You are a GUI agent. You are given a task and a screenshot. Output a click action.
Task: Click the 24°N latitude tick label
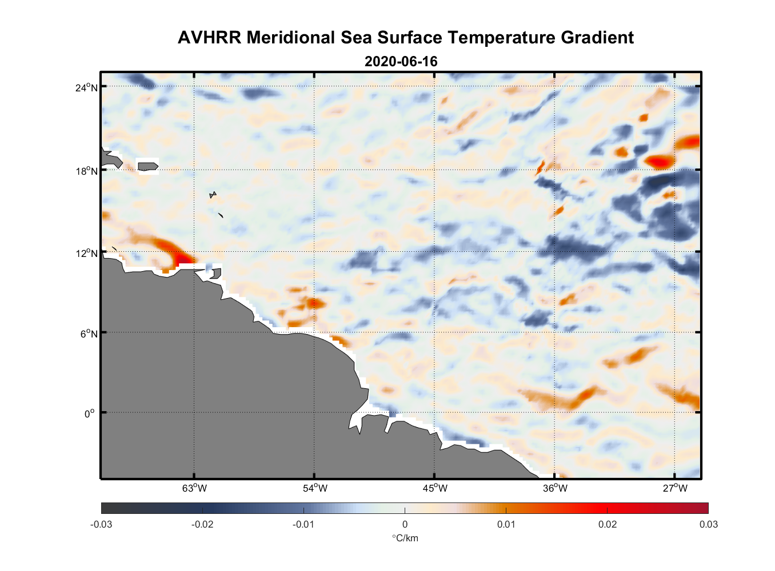click(x=86, y=87)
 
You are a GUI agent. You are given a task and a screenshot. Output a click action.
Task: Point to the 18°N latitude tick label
click(x=86, y=171)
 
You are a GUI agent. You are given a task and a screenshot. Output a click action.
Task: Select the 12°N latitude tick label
click(x=86, y=253)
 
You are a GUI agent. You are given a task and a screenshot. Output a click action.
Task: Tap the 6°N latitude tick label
click(x=89, y=333)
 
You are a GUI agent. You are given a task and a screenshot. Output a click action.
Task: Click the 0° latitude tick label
click(x=90, y=413)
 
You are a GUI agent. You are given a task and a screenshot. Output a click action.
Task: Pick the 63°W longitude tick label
click(x=194, y=488)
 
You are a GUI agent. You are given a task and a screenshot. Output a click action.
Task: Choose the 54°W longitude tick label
click(x=315, y=488)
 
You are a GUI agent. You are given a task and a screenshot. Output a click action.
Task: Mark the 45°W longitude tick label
click(x=435, y=488)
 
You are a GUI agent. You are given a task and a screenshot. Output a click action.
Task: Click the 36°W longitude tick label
click(x=555, y=488)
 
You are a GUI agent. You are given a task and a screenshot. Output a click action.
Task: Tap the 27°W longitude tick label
click(x=675, y=488)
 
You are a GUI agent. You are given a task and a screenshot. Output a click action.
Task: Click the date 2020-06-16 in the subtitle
click(x=401, y=62)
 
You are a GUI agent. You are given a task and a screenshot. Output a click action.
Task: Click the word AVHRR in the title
click(x=209, y=38)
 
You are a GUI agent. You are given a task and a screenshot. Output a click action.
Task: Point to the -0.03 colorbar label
click(x=101, y=524)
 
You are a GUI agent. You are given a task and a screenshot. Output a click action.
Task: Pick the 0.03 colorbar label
click(x=708, y=524)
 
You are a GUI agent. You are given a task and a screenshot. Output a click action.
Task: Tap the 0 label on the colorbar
click(x=405, y=524)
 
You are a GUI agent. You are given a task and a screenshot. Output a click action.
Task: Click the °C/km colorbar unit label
click(x=405, y=538)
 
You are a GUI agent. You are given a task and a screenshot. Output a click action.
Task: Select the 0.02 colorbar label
click(x=607, y=524)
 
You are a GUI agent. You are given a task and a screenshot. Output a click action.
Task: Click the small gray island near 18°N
click(x=147, y=166)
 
